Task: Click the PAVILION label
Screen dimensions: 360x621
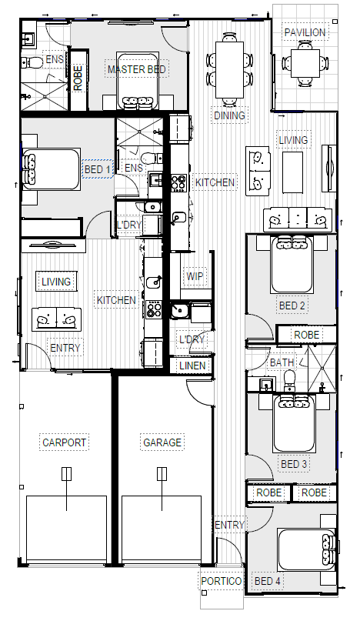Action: coord(305,32)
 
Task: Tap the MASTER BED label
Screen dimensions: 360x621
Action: coord(137,69)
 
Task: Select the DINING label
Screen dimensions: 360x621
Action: coord(230,115)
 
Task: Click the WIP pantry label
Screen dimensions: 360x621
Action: coord(195,276)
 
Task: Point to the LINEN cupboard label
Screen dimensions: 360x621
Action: coord(192,366)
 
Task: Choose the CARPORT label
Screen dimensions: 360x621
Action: coord(64,442)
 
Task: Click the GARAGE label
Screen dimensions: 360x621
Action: coord(162,442)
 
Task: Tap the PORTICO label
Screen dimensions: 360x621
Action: coord(222,581)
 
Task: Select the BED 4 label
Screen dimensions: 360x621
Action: coord(268,581)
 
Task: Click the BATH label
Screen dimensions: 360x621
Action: coord(282,362)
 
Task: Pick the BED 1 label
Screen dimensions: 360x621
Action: coord(98,169)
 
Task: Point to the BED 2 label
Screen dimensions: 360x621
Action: coord(292,305)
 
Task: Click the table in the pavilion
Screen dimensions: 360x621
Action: coord(305,63)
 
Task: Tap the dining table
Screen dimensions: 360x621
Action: coord(229,70)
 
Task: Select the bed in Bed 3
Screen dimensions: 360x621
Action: coord(294,423)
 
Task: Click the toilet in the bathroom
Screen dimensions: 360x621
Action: coord(289,380)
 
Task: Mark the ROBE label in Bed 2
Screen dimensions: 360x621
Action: coord(306,335)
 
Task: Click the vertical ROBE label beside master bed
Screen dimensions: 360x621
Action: coord(78,78)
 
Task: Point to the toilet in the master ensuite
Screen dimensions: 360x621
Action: coord(32,62)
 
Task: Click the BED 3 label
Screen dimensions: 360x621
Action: coord(294,464)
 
